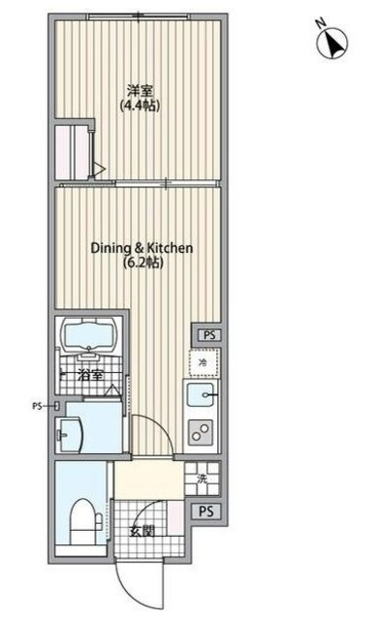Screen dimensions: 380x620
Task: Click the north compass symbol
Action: click(x=332, y=43)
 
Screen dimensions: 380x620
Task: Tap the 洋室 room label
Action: click(x=140, y=91)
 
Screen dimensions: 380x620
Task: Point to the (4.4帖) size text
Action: click(x=140, y=106)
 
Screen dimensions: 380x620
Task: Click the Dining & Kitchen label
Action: click(x=142, y=248)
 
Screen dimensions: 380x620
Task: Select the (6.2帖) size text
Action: click(x=142, y=262)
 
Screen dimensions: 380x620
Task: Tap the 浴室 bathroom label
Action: click(x=90, y=375)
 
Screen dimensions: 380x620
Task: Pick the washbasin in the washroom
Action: click(x=70, y=435)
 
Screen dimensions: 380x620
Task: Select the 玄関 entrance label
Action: click(x=142, y=532)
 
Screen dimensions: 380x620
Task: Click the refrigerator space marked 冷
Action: click(x=203, y=362)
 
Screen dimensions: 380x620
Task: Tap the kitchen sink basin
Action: click(x=201, y=394)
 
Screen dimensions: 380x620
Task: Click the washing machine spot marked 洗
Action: click(x=203, y=479)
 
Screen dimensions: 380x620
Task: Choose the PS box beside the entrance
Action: click(x=206, y=511)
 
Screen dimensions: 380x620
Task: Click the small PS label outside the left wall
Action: click(x=37, y=406)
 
